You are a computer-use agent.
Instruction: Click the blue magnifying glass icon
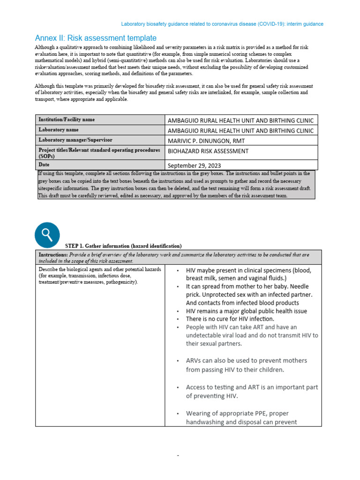click(x=47, y=235)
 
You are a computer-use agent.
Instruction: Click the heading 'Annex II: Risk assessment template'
click(x=96, y=38)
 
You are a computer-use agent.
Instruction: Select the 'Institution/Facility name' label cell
click(x=67, y=120)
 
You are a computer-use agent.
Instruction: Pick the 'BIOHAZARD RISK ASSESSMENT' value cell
click(x=208, y=151)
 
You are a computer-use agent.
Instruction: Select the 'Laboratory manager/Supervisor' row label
click(x=75, y=140)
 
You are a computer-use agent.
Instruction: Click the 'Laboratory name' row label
click(x=58, y=130)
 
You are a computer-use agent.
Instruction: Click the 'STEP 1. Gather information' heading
click(x=123, y=246)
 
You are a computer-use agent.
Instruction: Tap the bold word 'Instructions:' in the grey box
click(x=53, y=255)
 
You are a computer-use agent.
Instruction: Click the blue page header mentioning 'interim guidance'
click(x=222, y=24)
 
